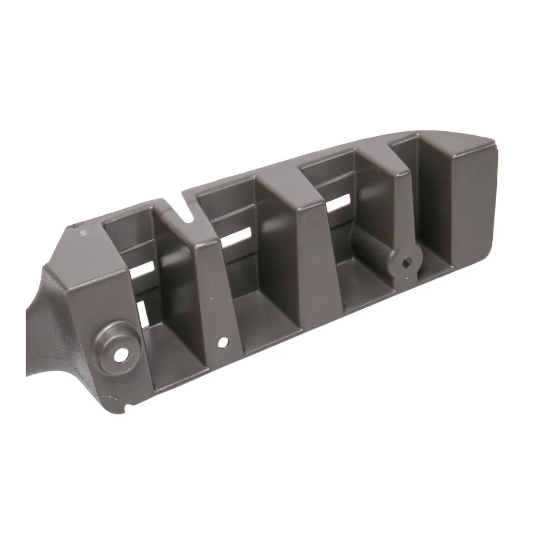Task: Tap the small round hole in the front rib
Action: pos(222,343)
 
